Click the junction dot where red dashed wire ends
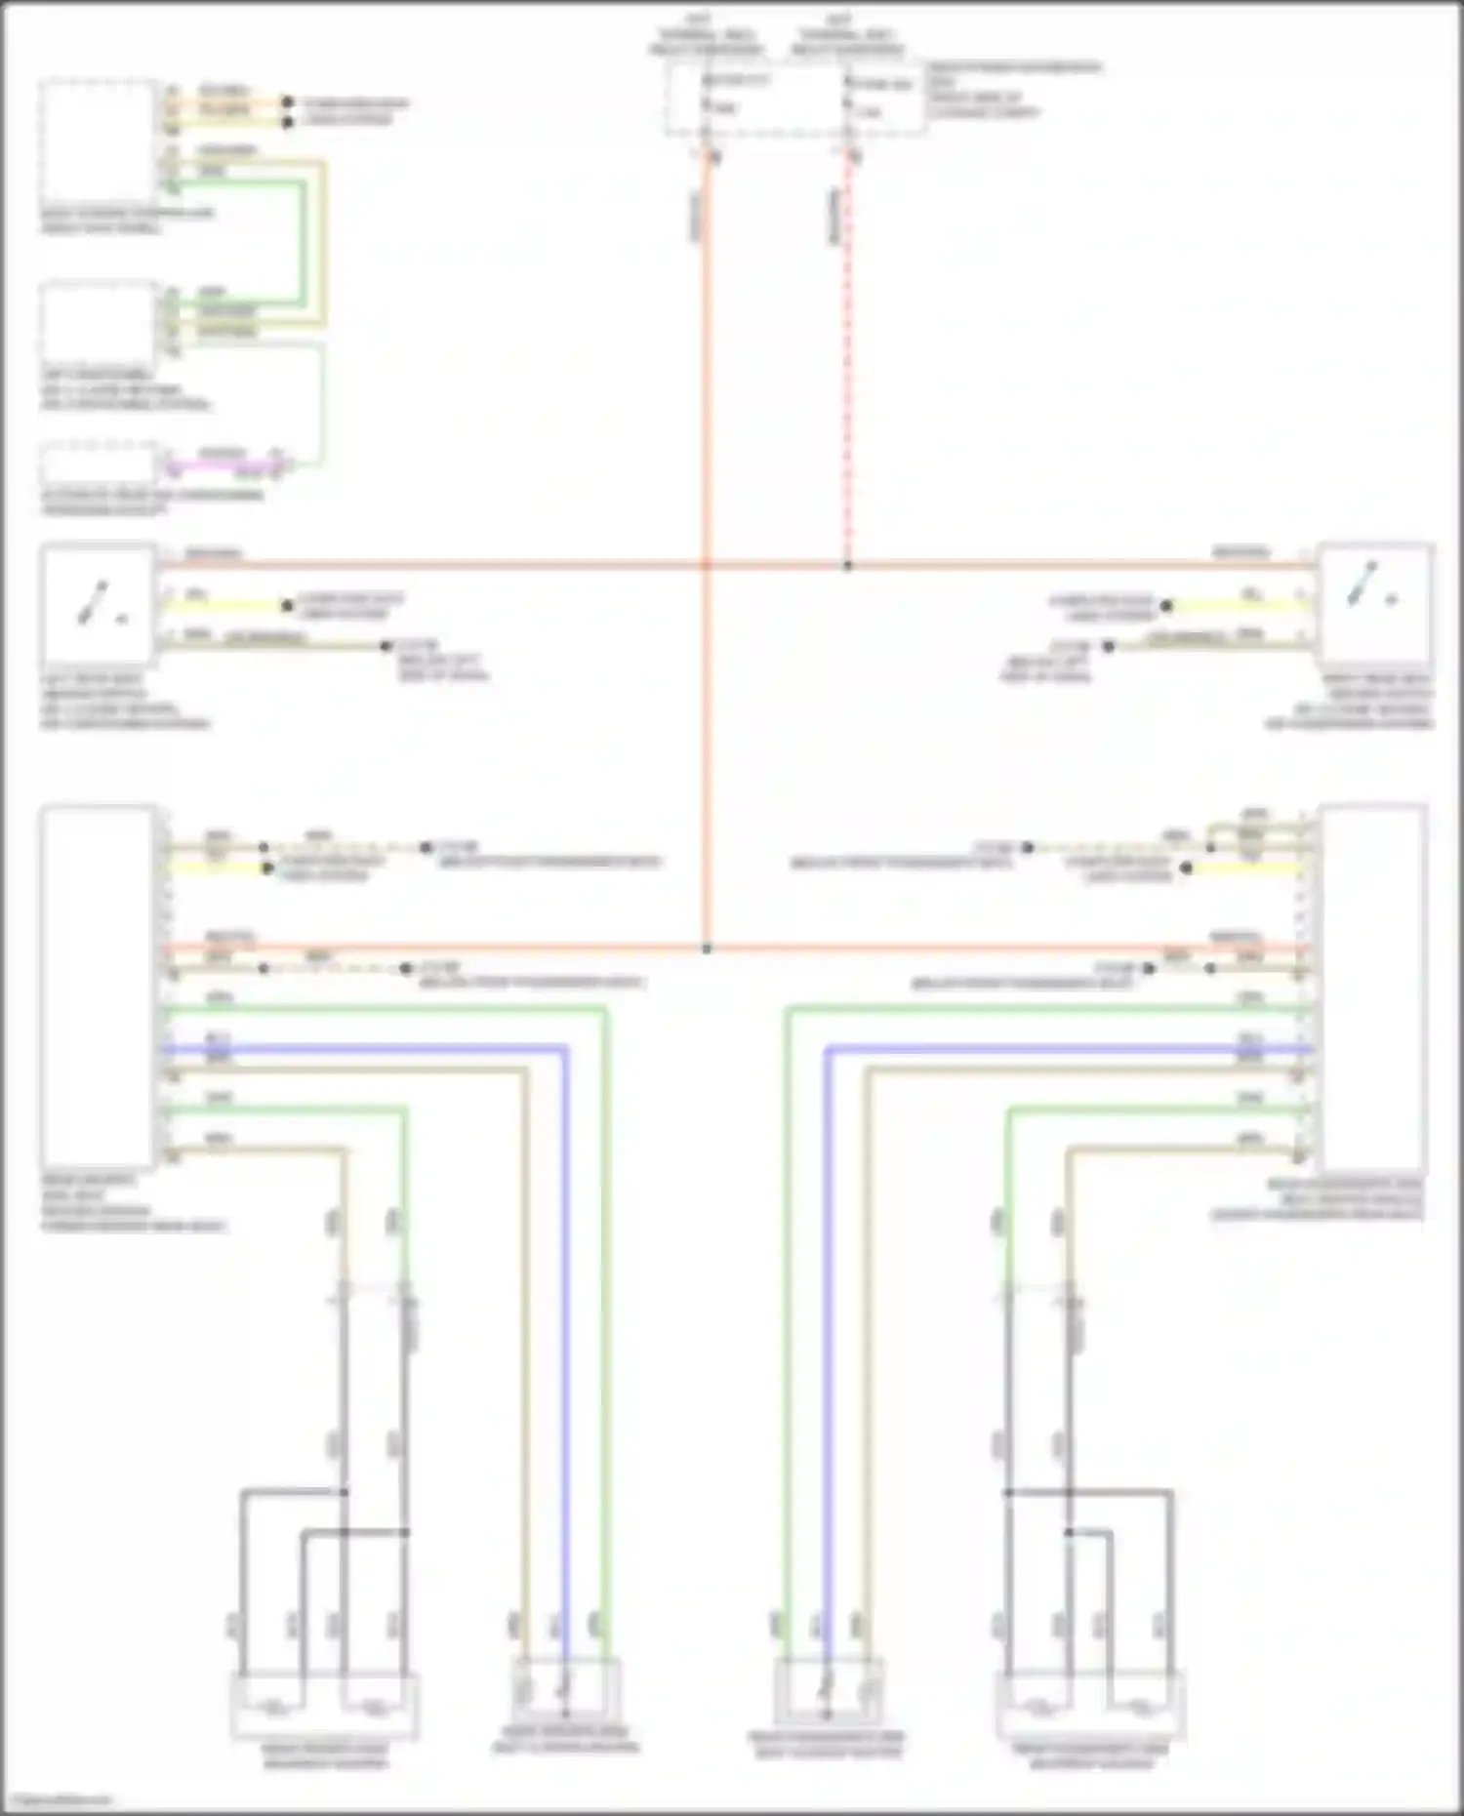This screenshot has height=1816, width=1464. (x=847, y=566)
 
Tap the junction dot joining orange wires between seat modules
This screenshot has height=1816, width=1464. (x=707, y=948)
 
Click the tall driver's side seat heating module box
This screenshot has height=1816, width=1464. (x=98, y=986)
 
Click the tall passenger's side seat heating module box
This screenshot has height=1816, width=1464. (x=1371, y=986)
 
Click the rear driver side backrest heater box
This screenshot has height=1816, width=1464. (x=325, y=1706)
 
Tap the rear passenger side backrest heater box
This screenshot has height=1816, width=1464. (x=1090, y=1706)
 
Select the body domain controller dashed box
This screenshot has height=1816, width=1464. (x=98, y=141)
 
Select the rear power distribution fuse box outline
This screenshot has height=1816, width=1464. (x=795, y=98)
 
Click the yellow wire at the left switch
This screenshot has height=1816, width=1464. (x=224, y=605)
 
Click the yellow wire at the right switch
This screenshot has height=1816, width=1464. (x=1240, y=605)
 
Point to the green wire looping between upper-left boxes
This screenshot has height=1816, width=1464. (x=303, y=244)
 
